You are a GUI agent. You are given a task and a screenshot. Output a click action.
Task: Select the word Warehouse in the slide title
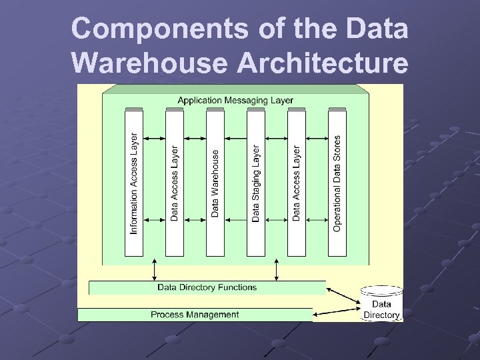tap(153, 63)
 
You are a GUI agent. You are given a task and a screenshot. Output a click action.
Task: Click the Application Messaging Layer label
tap(235, 100)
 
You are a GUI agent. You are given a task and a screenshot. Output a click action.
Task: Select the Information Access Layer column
tap(134, 183)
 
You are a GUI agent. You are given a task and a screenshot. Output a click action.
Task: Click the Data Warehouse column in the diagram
tap(215, 183)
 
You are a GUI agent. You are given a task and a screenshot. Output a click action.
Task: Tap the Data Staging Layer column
tap(256, 183)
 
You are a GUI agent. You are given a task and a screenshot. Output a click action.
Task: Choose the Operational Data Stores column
tap(337, 183)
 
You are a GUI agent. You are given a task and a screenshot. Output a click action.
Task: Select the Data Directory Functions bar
tap(207, 287)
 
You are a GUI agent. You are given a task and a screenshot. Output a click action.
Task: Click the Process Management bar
tap(195, 315)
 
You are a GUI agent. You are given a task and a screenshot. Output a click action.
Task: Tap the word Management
tap(213, 315)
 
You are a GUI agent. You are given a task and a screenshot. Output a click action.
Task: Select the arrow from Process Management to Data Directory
tap(337, 311)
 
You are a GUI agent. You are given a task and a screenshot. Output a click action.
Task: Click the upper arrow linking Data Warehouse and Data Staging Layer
tap(235, 139)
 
